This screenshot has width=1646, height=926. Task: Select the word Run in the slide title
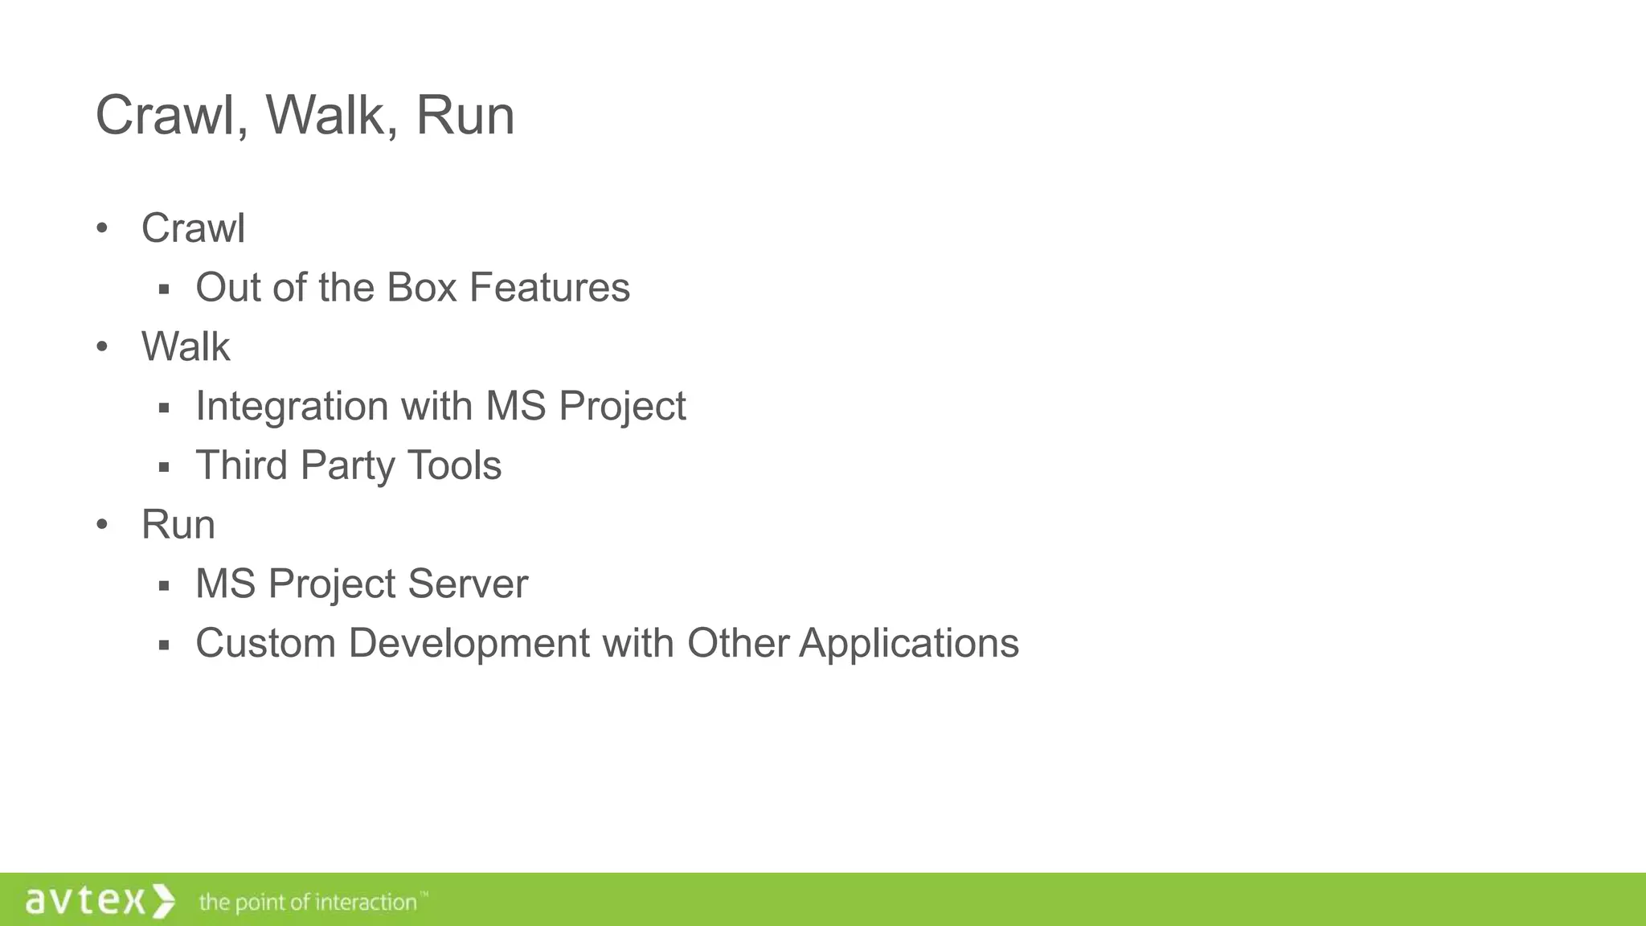click(465, 116)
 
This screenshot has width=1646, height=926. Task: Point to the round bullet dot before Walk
click(102, 347)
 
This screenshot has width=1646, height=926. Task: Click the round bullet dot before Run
click(102, 525)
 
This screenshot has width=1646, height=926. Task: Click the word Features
click(550, 288)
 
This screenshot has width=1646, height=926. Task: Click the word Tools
click(454, 465)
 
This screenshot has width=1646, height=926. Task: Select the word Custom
click(265, 643)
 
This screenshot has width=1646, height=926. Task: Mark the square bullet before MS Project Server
click(164, 586)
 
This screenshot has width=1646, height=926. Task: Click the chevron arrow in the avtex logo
click(162, 900)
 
